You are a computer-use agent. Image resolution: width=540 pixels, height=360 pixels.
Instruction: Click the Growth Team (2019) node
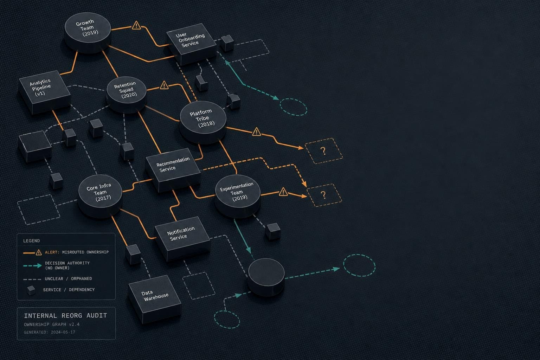click(88, 33)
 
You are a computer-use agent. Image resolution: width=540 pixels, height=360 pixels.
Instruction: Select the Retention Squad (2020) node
click(126, 95)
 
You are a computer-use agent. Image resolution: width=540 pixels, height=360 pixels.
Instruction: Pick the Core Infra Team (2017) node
click(100, 196)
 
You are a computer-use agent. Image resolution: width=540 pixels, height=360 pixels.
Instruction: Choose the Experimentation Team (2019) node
click(237, 196)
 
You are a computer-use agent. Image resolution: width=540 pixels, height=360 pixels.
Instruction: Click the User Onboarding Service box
click(192, 44)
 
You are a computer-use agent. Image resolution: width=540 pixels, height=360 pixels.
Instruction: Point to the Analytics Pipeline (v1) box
click(45, 92)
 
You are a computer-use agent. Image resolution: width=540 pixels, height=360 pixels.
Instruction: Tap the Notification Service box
click(182, 239)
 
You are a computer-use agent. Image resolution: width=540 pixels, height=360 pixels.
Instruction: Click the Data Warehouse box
click(155, 299)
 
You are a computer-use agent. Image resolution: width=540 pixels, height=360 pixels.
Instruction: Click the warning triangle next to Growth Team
click(136, 25)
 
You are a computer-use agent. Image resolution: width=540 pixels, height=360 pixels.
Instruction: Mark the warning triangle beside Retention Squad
click(164, 85)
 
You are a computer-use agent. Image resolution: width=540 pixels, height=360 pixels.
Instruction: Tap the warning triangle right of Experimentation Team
click(283, 192)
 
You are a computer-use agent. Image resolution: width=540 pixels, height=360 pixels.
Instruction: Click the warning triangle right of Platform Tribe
click(257, 131)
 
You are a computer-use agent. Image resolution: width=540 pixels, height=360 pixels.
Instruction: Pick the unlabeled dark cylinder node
click(266, 277)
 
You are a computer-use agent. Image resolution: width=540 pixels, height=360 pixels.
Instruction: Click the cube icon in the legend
click(31, 290)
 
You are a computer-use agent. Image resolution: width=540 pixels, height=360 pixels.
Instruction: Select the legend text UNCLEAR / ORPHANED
click(68, 279)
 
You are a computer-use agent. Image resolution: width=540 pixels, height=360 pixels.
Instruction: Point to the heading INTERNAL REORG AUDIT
click(65, 315)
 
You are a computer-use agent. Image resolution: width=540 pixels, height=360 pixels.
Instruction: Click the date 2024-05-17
click(63, 332)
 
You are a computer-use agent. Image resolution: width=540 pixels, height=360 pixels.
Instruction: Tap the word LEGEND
click(31, 240)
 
